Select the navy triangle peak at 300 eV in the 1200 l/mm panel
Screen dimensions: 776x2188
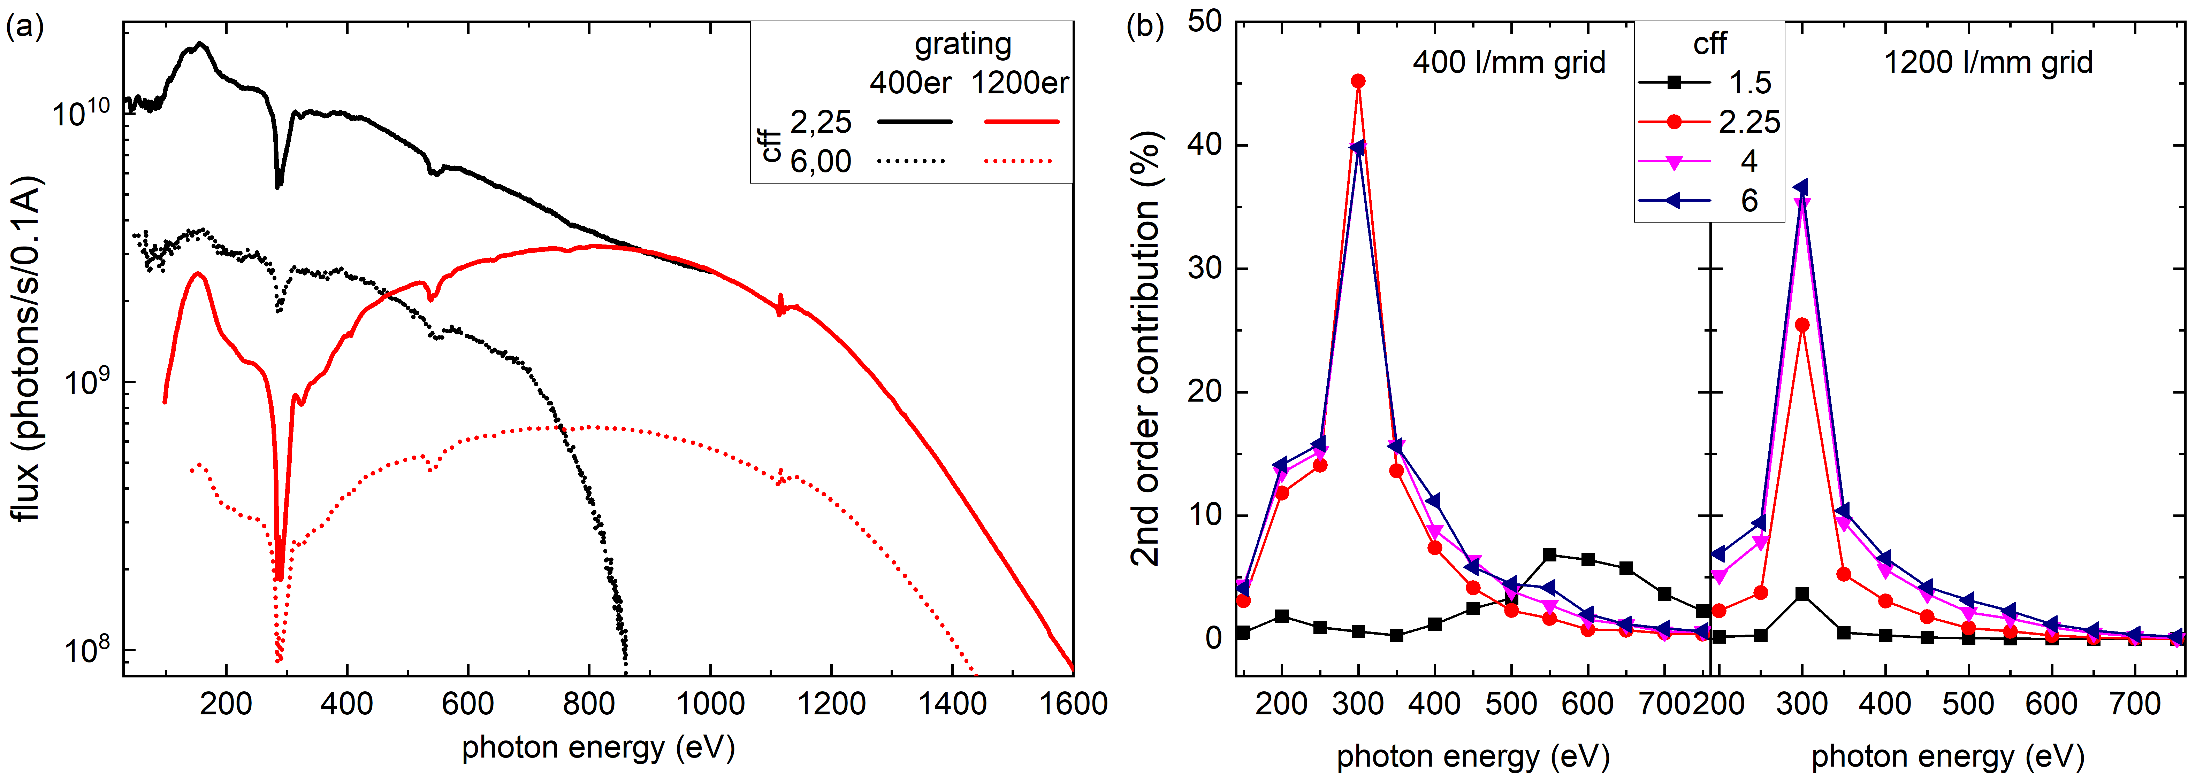point(1801,188)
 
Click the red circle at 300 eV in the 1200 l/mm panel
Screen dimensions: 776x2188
point(1801,325)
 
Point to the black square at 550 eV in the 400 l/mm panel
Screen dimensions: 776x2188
point(1549,555)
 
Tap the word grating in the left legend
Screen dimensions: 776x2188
point(962,43)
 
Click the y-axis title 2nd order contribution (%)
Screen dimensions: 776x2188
point(1146,348)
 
